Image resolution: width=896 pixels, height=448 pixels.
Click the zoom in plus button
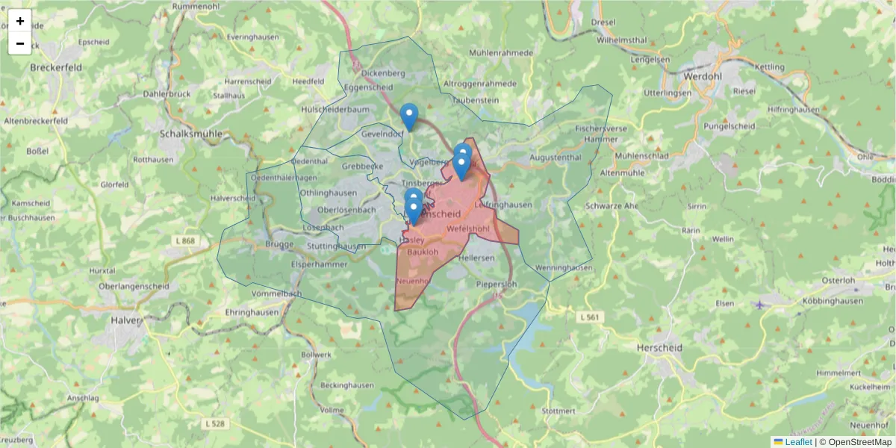20,21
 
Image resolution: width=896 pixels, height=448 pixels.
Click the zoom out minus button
20,43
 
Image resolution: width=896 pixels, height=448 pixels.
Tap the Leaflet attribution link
798,442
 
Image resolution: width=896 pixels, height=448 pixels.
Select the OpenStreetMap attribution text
859,442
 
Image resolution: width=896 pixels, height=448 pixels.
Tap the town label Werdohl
703,76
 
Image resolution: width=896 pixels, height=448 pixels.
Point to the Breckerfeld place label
56,66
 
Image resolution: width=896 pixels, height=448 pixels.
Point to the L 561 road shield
589,317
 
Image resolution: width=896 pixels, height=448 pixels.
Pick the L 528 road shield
214,423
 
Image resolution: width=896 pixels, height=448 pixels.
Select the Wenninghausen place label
564,267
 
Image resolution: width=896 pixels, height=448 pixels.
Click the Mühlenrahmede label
501,53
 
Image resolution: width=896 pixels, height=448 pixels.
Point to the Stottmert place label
559,411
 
